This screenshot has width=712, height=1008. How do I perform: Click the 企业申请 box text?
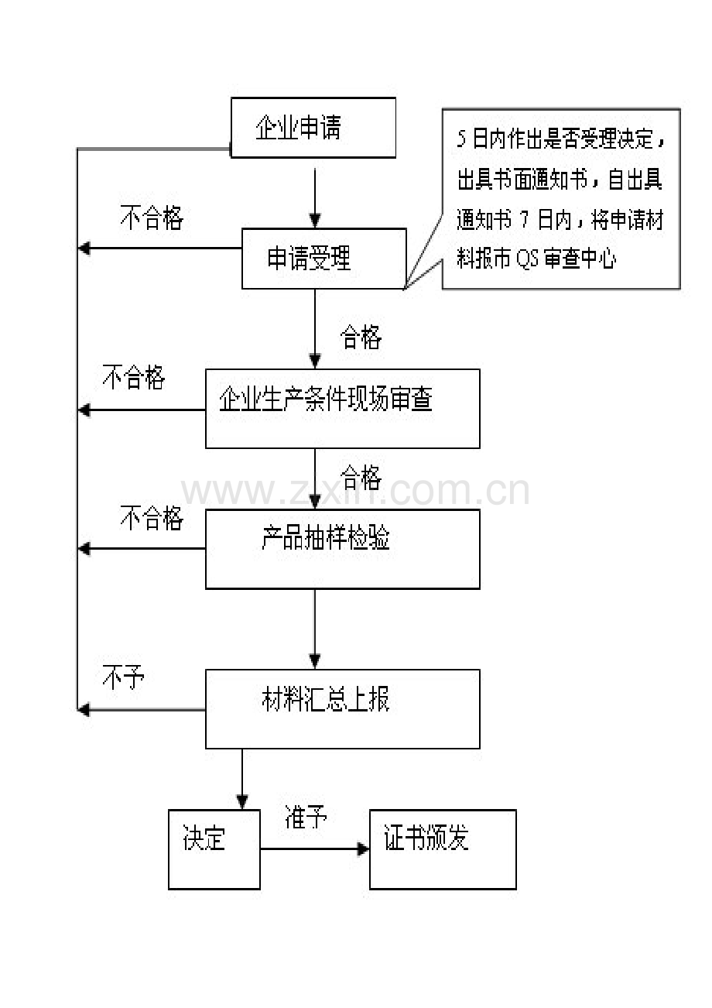(x=298, y=127)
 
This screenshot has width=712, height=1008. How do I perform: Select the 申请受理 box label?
(x=309, y=258)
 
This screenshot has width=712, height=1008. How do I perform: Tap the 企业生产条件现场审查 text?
(x=326, y=399)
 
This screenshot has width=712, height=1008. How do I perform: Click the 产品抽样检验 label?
(x=326, y=537)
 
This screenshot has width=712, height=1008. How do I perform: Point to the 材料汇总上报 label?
(x=326, y=699)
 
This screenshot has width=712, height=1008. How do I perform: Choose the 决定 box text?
(x=204, y=838)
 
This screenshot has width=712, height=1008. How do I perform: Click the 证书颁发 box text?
(x=426, y=838)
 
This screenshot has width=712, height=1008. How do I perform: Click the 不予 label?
(x=123, y=677)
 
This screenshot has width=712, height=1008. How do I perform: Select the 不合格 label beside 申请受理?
(x=152, y=218)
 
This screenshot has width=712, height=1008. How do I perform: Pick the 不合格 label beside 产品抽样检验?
(x=152, y=517)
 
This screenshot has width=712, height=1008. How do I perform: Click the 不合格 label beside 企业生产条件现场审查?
(x=134, y=377)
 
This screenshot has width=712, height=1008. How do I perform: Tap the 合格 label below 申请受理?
(x=361, y=337)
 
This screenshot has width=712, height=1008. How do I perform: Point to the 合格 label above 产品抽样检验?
(x=361, y=478)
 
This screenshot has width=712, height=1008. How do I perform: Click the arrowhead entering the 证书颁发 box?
(x=363, y=849)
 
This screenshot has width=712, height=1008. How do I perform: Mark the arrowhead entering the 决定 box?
(x=242, y=802)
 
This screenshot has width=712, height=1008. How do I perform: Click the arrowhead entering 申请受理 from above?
(x=315, y=221)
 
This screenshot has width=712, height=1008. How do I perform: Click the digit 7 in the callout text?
(x=524, y=220)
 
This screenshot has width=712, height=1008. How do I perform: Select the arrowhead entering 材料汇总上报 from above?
(x=315, y=661)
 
